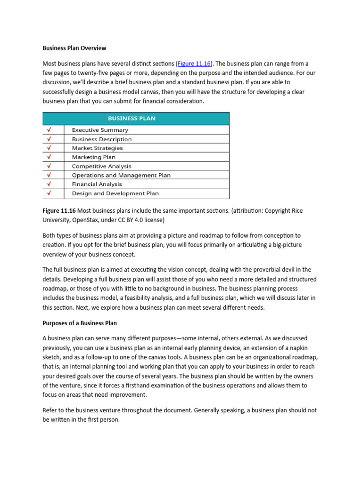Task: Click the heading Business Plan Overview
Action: click(x=74, y=48)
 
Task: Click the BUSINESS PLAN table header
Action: click(x=136, y=118)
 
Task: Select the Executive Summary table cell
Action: click(x=100, y=130)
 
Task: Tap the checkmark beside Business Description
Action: click(x=49, y=139)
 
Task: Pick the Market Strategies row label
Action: click(x=97, y=148)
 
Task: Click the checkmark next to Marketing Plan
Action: click(x=49, y=157)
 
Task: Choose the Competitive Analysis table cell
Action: click(x=101, y=166)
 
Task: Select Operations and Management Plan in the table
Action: click(x=121, y=175)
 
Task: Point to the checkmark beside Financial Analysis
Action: click(x=49, y=184)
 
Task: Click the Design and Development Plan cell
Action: click(x=115, y=193)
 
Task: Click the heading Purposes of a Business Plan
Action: click(x=80, y=323)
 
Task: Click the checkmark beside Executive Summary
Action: click(x=49, y=130)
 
